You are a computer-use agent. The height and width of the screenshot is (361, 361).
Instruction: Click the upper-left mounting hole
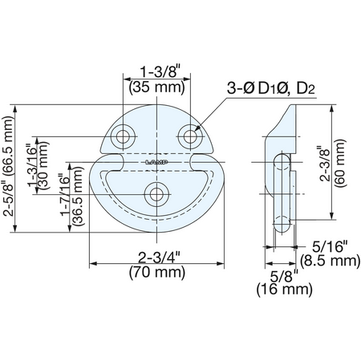click(123, 136)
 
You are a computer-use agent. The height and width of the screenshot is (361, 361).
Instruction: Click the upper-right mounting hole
click(190, 136)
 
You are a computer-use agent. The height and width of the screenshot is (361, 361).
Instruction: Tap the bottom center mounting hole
click(156, 194)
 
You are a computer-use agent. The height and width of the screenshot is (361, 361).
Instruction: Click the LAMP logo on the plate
click(156, 162)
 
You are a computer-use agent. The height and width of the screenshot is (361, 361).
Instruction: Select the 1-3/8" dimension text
click(159, 71)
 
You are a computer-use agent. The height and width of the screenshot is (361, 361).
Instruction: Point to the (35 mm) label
click(157, 87)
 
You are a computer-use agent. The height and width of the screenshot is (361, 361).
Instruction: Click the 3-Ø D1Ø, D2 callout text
click(270, 88)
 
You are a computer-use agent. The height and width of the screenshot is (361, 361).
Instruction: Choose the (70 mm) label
click(157, 273)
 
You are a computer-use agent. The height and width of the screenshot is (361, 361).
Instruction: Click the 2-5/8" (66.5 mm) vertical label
click(9, 166)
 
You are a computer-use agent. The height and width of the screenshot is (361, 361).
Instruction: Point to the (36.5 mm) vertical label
click(79, 196)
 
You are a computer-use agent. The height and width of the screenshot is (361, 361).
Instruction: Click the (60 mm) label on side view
click(340, 163)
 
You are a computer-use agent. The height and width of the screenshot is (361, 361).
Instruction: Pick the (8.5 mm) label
click(330, 261)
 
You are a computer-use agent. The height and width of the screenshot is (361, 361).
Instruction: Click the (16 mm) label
click(285, 290)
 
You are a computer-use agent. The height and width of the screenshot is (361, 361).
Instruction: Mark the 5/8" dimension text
click(284, 276)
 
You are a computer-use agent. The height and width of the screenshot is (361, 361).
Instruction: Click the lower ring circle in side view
click(282, 223)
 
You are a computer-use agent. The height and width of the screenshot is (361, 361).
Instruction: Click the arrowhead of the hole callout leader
click(196, 129)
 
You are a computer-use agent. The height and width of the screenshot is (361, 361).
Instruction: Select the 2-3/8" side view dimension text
click(325, 163)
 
